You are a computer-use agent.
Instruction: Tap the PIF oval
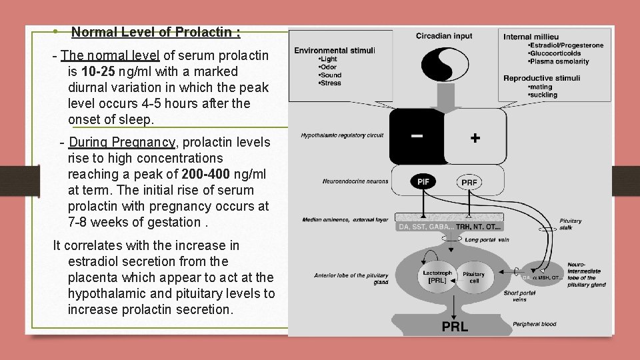pyautogui.click(x=423, y=181)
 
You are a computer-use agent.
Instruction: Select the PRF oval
pyautogui.click(x=469, y=181)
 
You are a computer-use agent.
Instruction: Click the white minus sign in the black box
pyautogui.click(x=416, y=135)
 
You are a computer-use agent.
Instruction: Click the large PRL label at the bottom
pyautogui.click(x=455, y=326)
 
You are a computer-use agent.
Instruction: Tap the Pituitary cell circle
pyautogui.click(x=473, y=277)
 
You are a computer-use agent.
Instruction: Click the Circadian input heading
pyautogui.click(x=444, y=35)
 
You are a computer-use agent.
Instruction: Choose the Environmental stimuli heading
pyautogui.click(x=334, y=50)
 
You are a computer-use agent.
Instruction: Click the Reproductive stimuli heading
pyautogui.click(x=541, y=78)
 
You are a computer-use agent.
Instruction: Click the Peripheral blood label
pyautogui.click(x=535, y=324)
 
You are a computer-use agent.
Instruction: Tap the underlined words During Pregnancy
pyautogui.click(x=122, y=142)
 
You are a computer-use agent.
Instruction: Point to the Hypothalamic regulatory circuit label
pyautogui.click(x=342, y=135)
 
